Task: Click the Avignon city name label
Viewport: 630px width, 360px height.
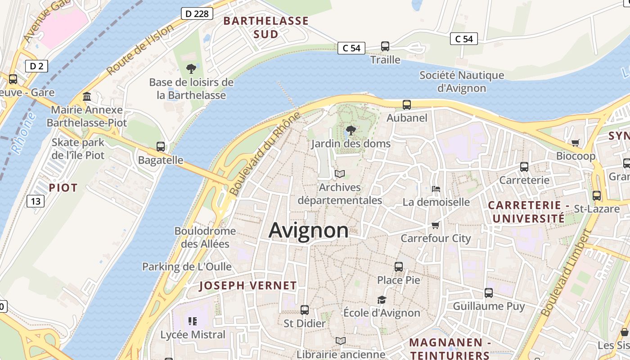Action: pyautogui.click(x=308, y=230)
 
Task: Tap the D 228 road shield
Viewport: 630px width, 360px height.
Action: pyautogui.click(x=197, y=13)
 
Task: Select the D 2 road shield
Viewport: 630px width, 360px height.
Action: pyautogui.click(x=36, y=67)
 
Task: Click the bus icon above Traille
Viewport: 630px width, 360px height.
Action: pyautogui.click(x=385, y=46)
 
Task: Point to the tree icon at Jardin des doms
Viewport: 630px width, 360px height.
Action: pyautogui.click(x=351, y=131)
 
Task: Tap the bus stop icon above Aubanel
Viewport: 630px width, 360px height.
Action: pyautogui.click(x=407, y=105)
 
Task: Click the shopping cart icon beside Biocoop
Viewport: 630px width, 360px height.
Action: pyautogui.click(x=575, y=143)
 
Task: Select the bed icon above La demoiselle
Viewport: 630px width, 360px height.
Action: pyautogui.click(x=436, y=189)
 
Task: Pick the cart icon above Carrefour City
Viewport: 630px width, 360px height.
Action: pyautogui.click(x=435, y=225)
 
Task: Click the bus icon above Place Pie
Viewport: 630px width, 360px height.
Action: pyautogui.click(x=399, y=266)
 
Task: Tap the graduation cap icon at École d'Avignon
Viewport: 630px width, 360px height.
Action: pyautogui.click(x=382, y=300)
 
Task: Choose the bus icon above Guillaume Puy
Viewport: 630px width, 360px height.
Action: pyautogui.click(x=489, y=293)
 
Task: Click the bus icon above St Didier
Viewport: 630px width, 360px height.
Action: pyautogui.click(x=305, y=310)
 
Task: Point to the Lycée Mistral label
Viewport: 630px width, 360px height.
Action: pyautogui.click(x=193, y=335)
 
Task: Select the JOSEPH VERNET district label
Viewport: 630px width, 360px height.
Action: pyautogui.click(x=248, y=285)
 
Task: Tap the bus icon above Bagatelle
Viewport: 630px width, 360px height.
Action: pyautogui.click(x=161, y=147)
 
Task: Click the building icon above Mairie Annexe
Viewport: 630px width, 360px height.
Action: pyautogui.click(x=87, y=97)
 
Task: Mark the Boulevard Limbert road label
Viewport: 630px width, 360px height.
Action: pyautogui.click(x=566, y=274)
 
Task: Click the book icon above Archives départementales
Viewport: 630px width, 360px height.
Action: pyautogui.click(x=340, y=174)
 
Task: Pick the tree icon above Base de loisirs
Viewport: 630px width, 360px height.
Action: pyautogui.click(x=191, y=69)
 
